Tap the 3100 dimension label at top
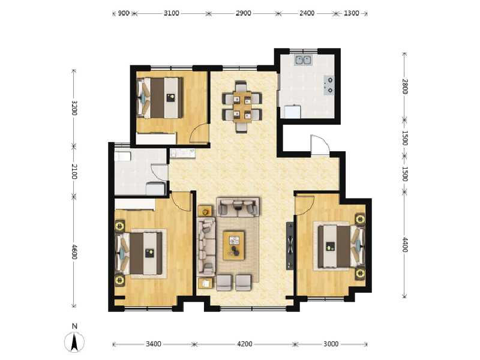click(x=171, y=13)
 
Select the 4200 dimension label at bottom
click(x=244, y=344)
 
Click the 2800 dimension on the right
click(x=405, y=86)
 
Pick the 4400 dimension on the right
click(x=405, y=244)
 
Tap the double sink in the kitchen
click(x=304, y=59)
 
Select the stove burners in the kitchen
click(x=329, y=85)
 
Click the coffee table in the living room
click(x=234, y=245)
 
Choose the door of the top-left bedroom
click(x=200, y=134)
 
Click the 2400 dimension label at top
click(x=307, y=13)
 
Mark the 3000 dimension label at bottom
click(x=331, y=344)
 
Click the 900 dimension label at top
click(x=122, y=13)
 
